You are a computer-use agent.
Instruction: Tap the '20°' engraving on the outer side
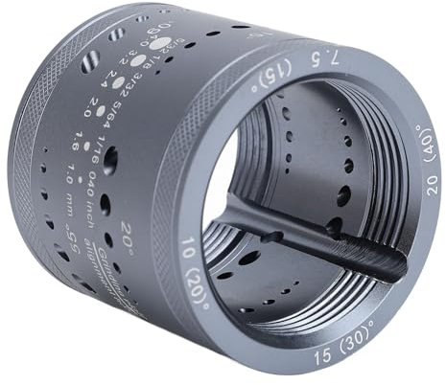pyautogui.click(x=128, y=233)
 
